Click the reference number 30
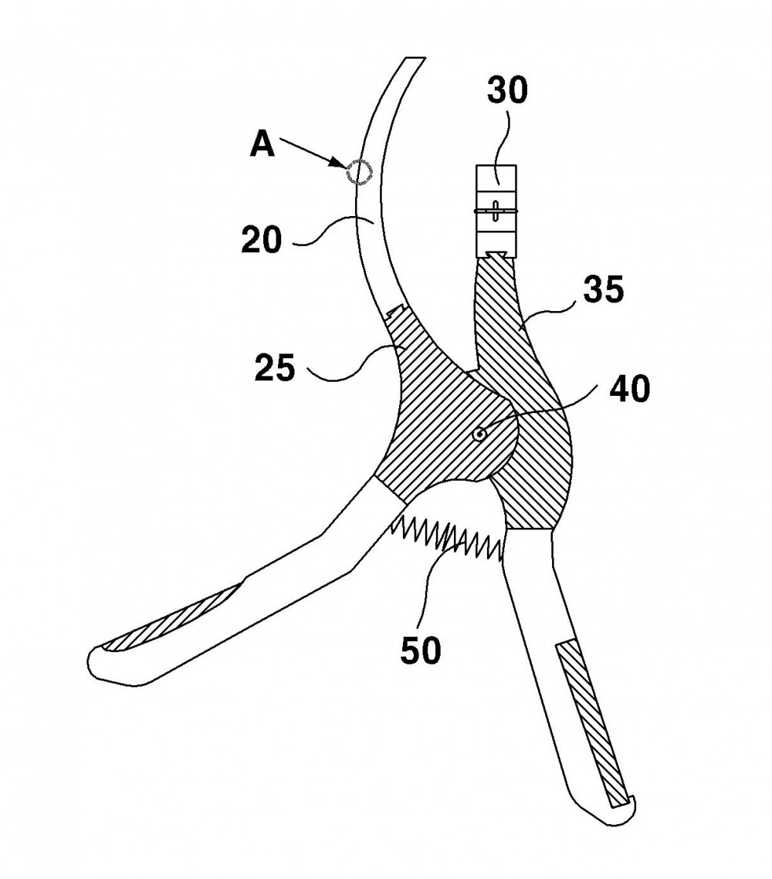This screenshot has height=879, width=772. click(507, 91)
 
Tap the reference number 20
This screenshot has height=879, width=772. click(262, 240)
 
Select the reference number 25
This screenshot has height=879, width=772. click(275, 368)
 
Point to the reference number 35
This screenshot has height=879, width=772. click(603, 290)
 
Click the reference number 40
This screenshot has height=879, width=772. click(630, 389)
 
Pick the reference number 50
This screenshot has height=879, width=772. click(421, 651)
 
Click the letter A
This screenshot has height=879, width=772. click(262, 144)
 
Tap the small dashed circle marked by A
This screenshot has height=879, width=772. click(357, 171)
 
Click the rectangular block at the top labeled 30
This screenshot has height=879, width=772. click(496, 211)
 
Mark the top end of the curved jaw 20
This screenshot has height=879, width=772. click(415, 57)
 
